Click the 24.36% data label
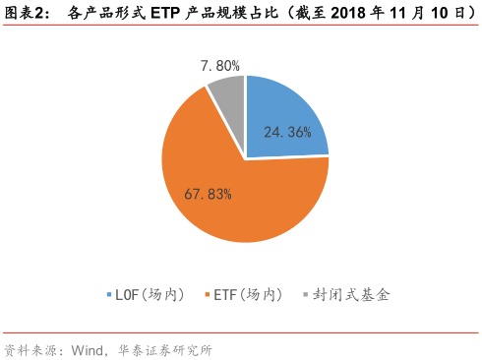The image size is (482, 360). point(287,131)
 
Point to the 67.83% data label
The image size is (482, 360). point(208,193)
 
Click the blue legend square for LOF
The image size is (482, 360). point(108,294)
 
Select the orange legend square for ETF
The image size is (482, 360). point(206,294)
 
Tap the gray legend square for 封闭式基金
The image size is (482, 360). point(304,294)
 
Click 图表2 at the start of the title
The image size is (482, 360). point(25,14)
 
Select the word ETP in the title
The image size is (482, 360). point(178,14)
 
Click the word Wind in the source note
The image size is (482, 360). point(89,348)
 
